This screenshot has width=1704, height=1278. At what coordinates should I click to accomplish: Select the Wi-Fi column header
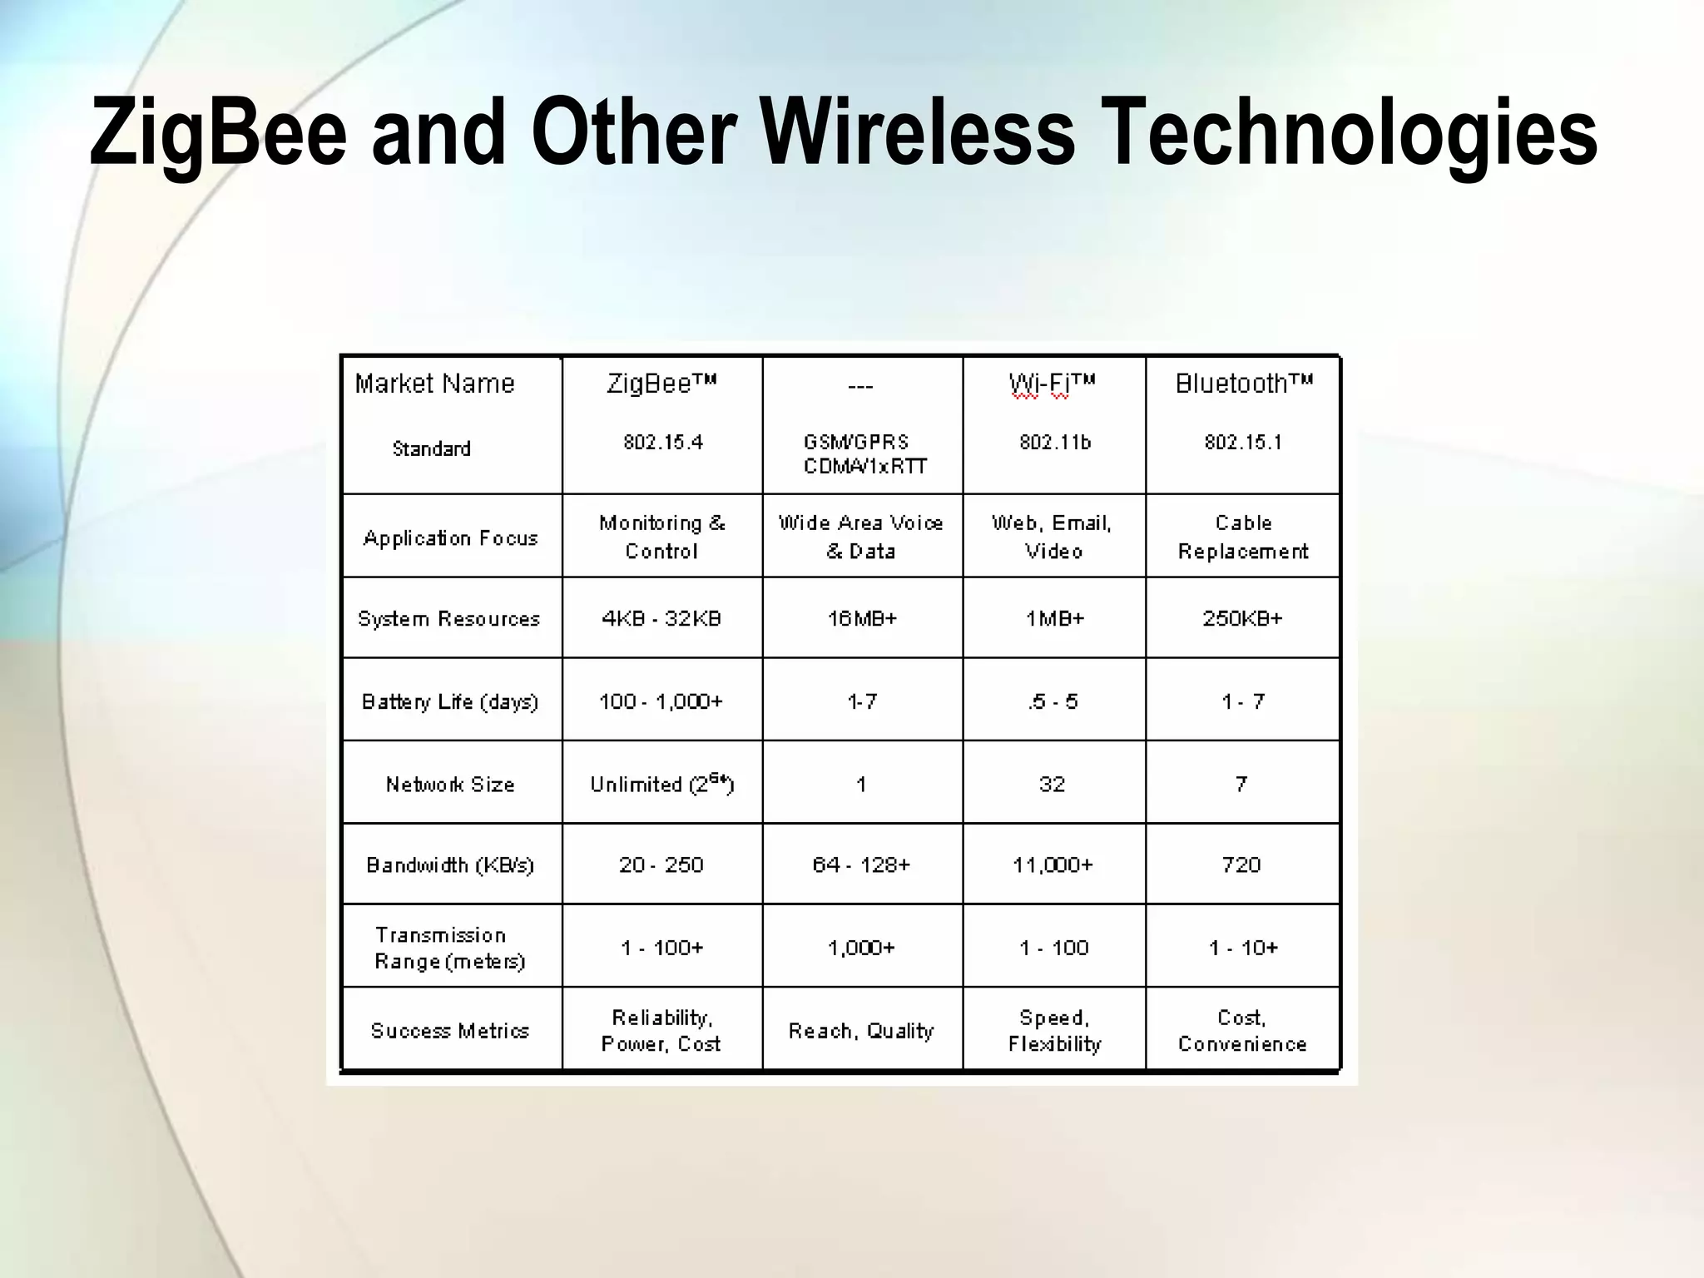point(1053,384)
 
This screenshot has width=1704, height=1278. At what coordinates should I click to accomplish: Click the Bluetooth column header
point(1243,384)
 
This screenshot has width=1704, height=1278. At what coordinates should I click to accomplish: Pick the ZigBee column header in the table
point(661,384)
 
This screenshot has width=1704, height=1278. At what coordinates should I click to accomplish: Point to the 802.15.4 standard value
point(663,442)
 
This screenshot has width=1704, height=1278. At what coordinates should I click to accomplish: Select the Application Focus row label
point(451,537)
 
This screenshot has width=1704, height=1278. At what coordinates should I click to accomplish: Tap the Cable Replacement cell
point(1243,537)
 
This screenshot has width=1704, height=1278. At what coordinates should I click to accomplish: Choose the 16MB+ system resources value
point(862,618)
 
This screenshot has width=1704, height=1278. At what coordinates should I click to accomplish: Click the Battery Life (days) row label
point(450,701)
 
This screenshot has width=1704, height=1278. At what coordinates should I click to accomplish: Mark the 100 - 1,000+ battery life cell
point(661,701)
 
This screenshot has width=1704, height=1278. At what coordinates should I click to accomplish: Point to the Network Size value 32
point(1053,784)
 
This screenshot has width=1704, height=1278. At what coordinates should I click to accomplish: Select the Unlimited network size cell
point(661,784)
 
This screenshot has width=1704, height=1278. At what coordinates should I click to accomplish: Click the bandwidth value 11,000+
point(1053,865)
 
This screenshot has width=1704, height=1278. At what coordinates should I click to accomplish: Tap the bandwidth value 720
point(1241,865)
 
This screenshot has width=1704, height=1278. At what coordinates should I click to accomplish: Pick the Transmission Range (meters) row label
point(450,948)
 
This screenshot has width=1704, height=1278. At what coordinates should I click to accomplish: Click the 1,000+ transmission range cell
point(861,948)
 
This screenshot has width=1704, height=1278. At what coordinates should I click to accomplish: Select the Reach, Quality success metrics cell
point(861,1031)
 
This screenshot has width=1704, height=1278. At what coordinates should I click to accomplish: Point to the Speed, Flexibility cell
point(1054,1031)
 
